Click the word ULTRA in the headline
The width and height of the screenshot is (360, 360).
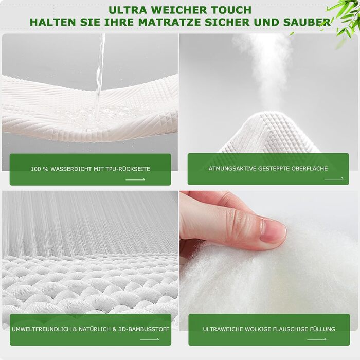click(x=128, y=10)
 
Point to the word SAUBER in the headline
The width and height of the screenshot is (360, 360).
click(x=307, y=22)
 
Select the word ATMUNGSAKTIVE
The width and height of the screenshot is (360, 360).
click(x=232, y=169)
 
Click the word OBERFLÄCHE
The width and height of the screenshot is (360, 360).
click(x=310, y=168)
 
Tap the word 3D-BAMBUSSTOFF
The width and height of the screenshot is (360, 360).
click(x=143, y=329)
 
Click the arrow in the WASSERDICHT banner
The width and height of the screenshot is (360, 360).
click(x=135, y=179)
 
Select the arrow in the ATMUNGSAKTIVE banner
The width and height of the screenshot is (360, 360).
click(x=334, y=178)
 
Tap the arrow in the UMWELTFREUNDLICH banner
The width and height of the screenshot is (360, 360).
click(x=150, y=339)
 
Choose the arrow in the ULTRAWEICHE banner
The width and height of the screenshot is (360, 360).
click(x=317, y=339)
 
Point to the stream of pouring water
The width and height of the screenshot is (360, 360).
click(x=100, y=76)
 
